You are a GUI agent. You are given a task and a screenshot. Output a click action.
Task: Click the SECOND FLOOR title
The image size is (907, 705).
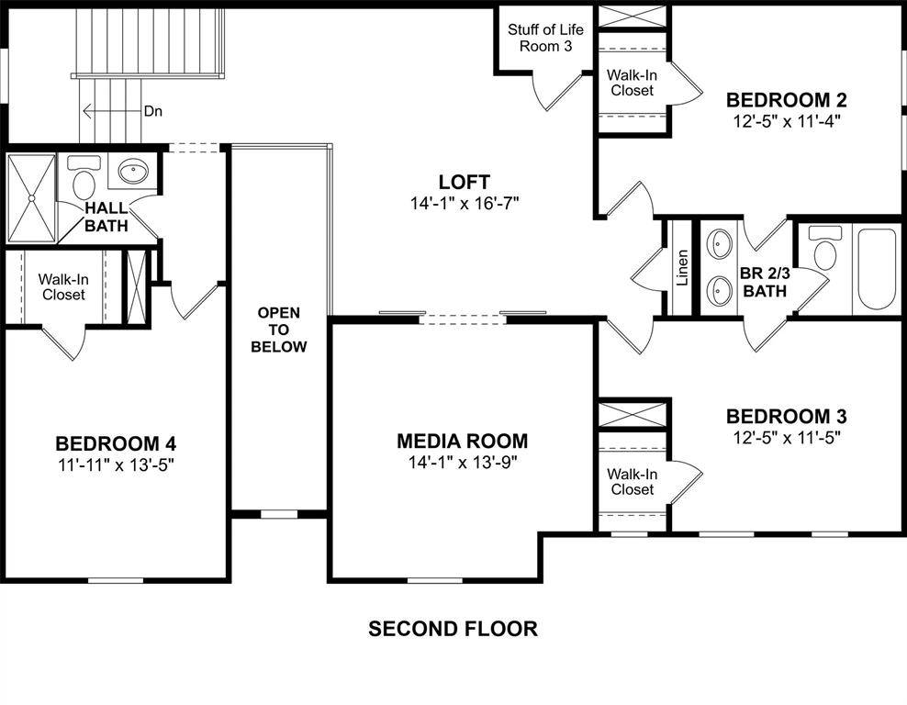[x=453, y=629]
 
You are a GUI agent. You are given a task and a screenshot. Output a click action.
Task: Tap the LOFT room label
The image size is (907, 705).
[x=464, y=183]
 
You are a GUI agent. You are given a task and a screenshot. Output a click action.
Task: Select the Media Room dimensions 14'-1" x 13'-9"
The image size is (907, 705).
[x=463, y=463]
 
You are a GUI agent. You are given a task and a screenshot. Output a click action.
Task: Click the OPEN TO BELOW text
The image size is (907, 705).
[x=279, y=330]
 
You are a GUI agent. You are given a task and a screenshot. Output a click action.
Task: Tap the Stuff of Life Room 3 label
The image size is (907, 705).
[x=545, y=38]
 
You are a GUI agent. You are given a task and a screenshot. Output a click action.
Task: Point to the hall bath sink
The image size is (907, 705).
[x=135, y=172]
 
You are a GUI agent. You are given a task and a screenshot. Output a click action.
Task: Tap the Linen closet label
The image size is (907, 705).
[x=682, y=268]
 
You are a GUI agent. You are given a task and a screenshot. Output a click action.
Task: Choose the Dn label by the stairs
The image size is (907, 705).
[x=154, y=111]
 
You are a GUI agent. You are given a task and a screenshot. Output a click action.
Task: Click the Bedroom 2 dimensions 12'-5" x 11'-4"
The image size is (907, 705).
[x=786, y=119]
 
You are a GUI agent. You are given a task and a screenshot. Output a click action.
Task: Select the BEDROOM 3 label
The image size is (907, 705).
[x=786, y=416]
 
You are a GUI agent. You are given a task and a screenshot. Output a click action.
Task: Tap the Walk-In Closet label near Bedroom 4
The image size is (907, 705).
[x=62, y=286]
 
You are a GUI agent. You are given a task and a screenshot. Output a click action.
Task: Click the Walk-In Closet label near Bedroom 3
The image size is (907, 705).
[x=631, y=482]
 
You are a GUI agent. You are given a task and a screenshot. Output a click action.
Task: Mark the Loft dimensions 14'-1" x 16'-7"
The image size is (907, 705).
[x=465, y=204]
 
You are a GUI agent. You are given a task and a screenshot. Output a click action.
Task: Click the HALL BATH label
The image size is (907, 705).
[x=107, y=218]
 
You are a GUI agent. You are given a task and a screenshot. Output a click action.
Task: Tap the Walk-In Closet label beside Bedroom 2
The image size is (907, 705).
[x=632, y=83]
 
